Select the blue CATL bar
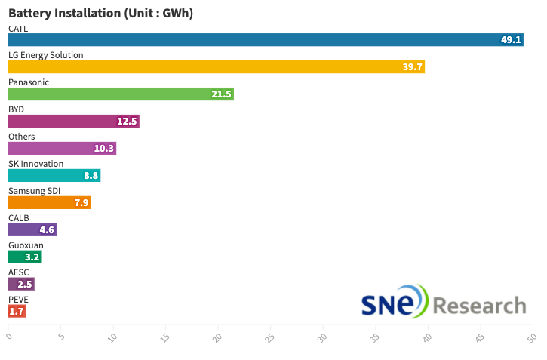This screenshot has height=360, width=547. point(264,39)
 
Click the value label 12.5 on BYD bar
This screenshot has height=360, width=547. point(127,121)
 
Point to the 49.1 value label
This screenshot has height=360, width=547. point(511,39)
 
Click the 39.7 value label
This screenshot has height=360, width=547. point(413,66)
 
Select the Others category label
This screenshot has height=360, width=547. point(22,136)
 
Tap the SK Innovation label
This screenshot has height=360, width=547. point(35,163)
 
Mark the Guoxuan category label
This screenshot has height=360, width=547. point(26,245)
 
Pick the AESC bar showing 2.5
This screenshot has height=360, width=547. point(21,284)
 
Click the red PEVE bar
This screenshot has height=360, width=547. point(17,311)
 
